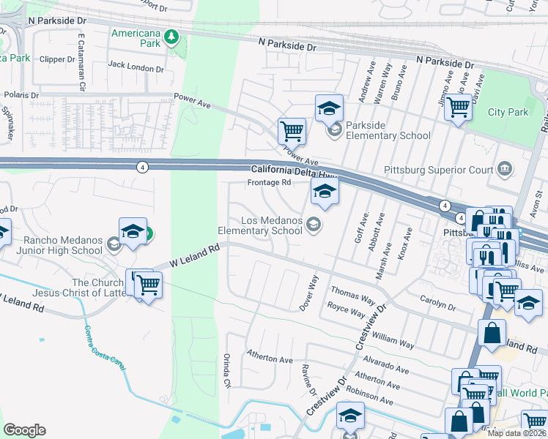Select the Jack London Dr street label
(x=136, y=68)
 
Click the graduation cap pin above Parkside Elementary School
(x=329, y=108)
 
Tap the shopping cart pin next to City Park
(x=459, y=108)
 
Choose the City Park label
(x=508, y=112)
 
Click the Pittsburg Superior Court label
(x=451, y=170)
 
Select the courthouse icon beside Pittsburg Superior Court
(x=504, y=170)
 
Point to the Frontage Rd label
(x=270, y=182)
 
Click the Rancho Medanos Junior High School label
(x=53, y=245)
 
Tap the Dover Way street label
(x=309, y=293)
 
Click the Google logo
(x=24, y=430)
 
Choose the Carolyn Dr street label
(x=438, y=303)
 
